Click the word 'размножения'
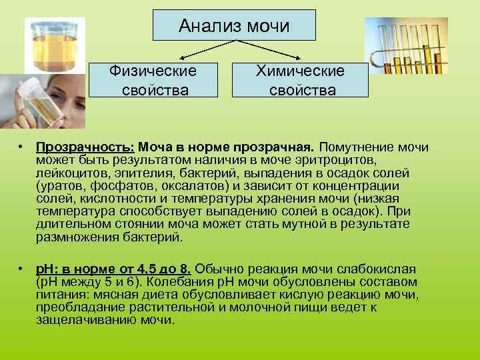(x=73, y=237)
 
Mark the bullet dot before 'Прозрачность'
(x=22, y=147)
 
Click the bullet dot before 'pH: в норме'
(x=22, y=269)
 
